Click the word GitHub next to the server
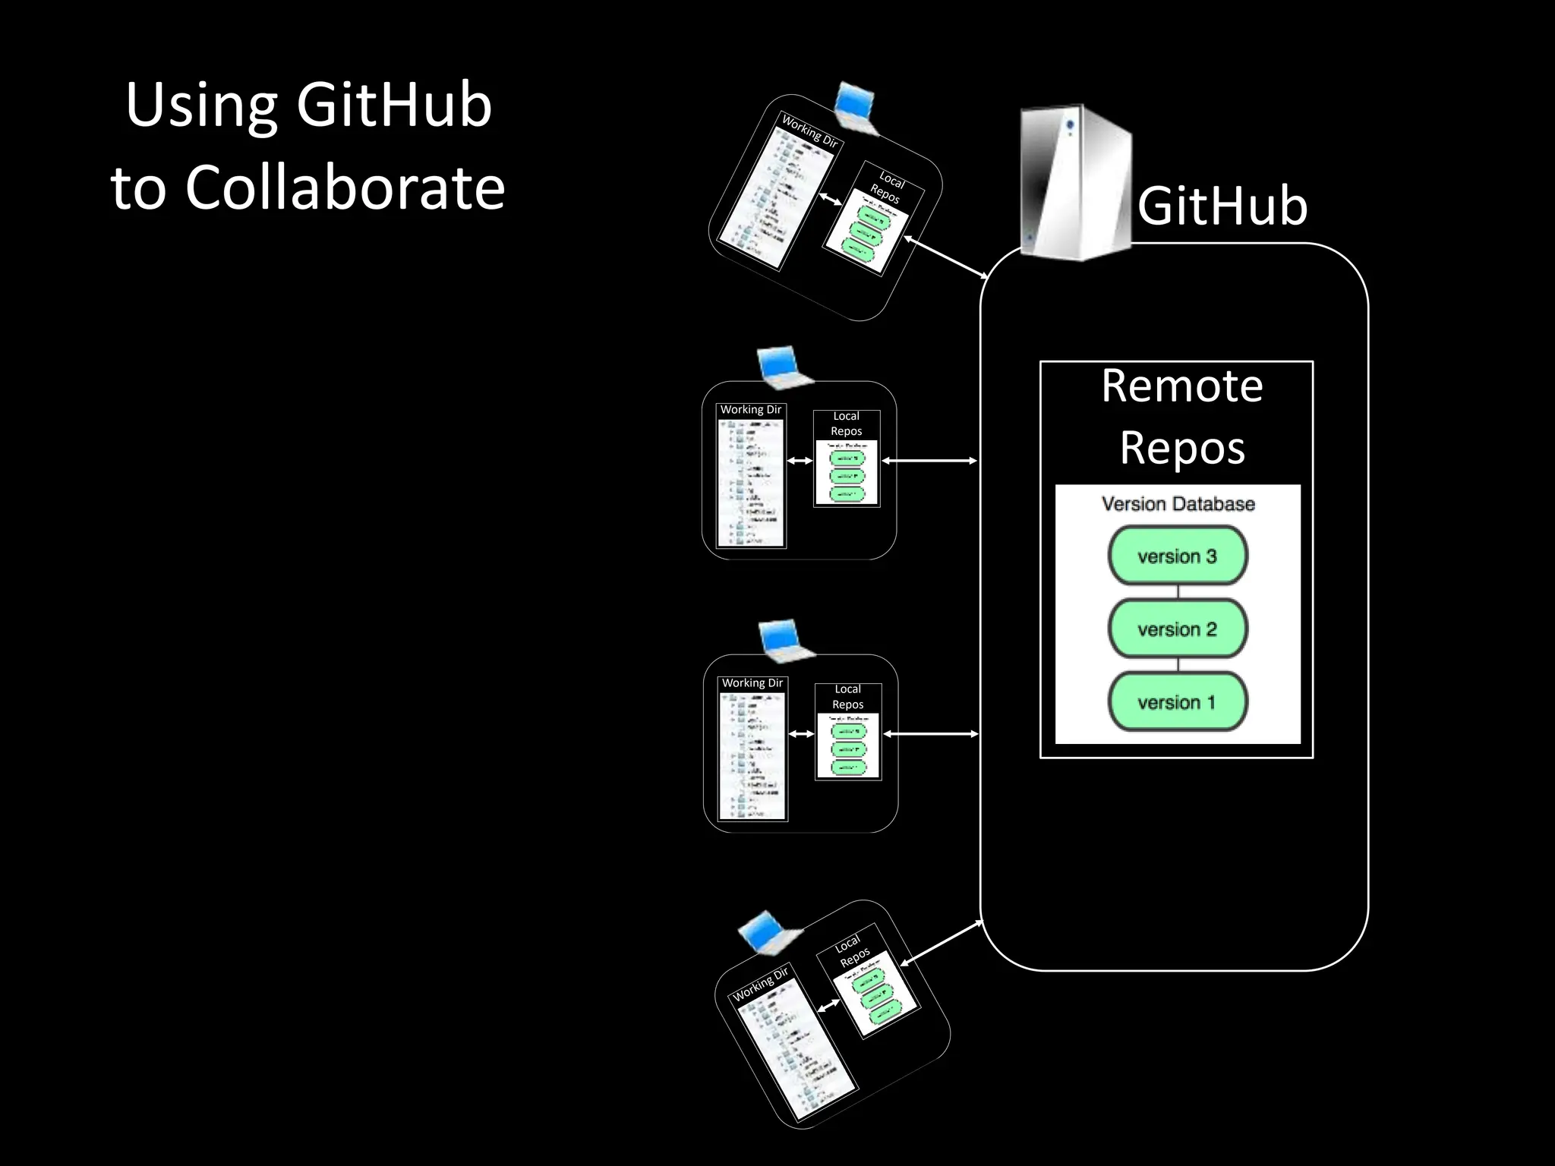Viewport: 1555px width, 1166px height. (1222, 206)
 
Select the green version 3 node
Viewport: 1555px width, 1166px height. (1177, 556)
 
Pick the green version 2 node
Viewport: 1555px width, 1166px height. (1177, 629)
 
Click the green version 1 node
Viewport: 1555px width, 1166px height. (1177, 702)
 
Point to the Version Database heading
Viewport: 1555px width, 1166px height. (1178, 504)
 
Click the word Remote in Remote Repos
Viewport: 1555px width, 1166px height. (1181, 386)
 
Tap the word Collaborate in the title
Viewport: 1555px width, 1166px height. (345, 188)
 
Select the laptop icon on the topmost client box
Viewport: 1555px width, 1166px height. (856, 108)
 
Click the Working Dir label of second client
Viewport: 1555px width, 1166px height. (750, 410)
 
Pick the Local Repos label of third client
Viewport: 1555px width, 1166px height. (847, 697)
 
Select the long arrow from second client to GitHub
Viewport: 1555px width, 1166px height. (929, 461)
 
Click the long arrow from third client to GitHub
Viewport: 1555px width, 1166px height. (931, 734)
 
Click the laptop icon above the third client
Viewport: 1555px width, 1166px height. (785, 639)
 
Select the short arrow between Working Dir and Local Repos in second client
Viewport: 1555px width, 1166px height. (800, 461)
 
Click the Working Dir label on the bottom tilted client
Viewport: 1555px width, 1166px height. (760, 984)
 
